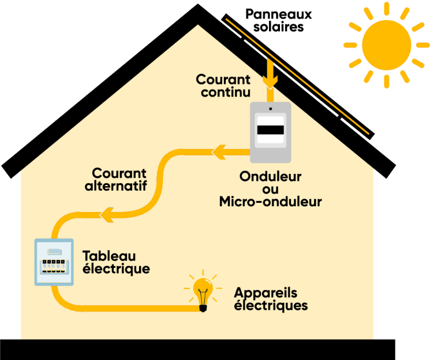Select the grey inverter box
(270, 132)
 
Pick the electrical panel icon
(54, 262)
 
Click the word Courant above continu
(223, 80)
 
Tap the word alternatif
(116, 186)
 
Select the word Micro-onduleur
(270, 202)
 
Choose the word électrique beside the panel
(116, 269)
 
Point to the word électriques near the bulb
(271, 305)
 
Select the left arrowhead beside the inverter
(219, 153)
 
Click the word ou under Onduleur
(270, 189)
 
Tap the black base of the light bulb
(203, 308)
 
